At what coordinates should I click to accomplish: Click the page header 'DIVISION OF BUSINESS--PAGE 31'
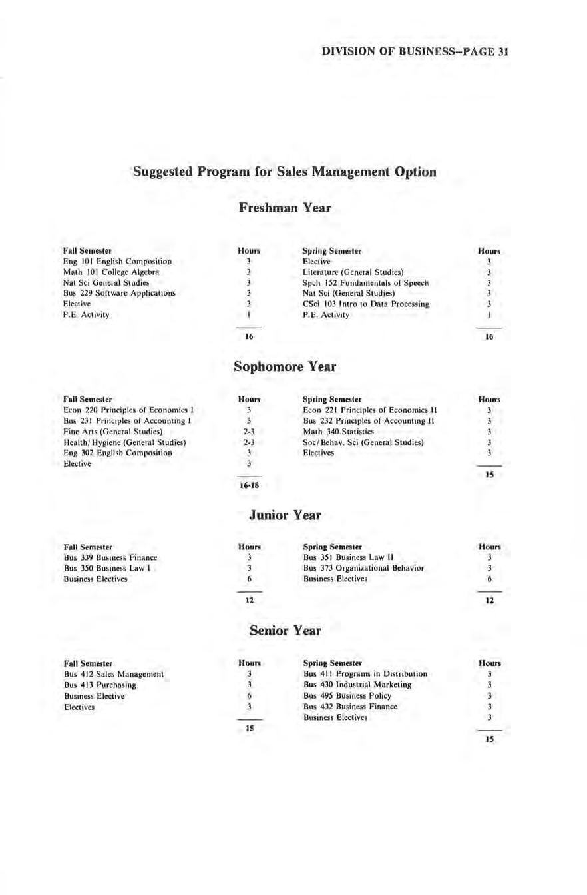point(415,51)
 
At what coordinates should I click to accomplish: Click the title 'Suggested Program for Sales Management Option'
point(285,172)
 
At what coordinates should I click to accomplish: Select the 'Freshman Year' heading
point(284,208)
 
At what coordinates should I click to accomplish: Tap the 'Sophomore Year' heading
point(284,367)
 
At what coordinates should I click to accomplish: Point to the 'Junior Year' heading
point(284,515)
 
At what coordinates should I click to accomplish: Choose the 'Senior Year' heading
point(284,629)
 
